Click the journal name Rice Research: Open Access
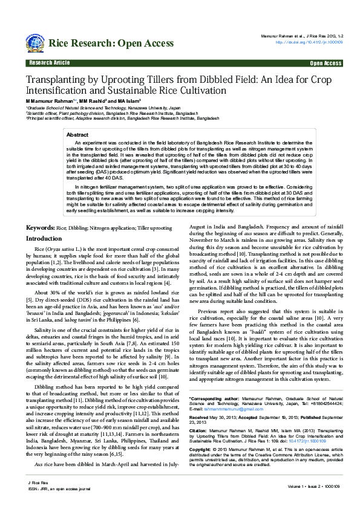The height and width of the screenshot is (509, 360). [x=111, y=43]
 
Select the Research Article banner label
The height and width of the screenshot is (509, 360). [x=48, y=63]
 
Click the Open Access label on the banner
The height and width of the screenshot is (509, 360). [x=326, y=63]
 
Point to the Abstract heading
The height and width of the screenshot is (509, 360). [x=77, y=135]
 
